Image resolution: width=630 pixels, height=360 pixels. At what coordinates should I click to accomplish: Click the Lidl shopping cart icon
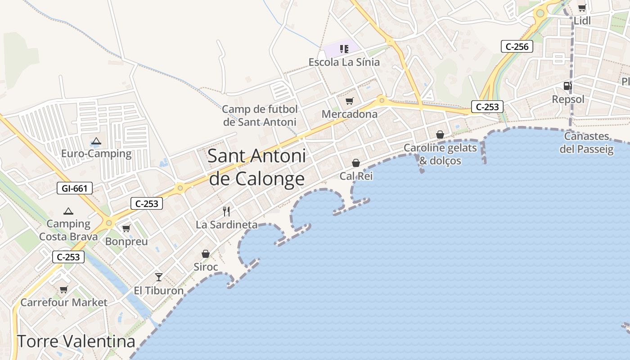pos(582,8)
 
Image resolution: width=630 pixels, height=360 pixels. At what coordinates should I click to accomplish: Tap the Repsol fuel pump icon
pos(568,85)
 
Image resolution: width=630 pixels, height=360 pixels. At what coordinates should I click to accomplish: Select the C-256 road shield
pos(517,46)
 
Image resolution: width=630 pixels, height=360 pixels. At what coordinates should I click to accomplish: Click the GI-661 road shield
pos(75,188)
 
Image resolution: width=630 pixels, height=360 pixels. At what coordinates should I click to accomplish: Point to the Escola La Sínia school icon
pos(344,49)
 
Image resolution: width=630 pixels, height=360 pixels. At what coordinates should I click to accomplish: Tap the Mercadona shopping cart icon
pos(350,101)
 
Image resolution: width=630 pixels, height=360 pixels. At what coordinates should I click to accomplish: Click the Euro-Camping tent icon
pos(96,141)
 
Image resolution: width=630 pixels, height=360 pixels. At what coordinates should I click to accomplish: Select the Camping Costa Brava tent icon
pos(68,211)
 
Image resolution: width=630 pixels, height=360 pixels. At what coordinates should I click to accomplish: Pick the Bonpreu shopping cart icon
pos(126,229)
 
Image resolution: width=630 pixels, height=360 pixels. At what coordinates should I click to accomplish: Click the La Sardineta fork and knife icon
pos(227,211)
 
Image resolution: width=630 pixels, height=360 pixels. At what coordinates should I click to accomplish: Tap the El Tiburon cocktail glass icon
pos(158,277)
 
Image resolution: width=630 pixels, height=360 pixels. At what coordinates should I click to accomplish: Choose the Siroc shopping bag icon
pos(206,254)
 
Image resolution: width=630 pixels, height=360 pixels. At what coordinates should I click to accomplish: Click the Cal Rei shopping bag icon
pos(356,163)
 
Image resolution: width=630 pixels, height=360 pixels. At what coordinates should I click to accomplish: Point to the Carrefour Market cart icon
pos(63,289)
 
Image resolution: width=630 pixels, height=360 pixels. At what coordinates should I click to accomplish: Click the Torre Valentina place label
pos(76,342)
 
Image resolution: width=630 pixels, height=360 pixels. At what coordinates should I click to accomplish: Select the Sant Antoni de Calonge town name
pos(257,167)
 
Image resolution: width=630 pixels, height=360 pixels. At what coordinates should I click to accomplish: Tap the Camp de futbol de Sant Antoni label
pos(260,116)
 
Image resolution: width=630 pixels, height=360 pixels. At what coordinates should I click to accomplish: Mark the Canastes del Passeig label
pos(586,143)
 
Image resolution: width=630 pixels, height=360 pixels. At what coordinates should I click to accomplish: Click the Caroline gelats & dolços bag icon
pos(440,135)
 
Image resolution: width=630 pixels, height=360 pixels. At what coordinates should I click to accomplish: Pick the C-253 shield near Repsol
pos(487,107)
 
